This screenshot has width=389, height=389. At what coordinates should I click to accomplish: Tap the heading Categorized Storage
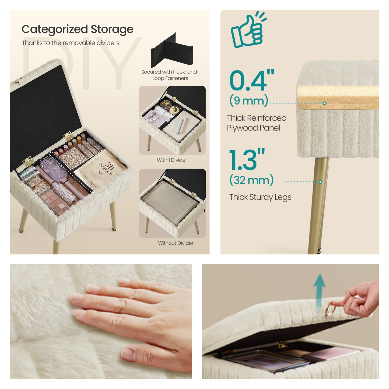tap(77, 29)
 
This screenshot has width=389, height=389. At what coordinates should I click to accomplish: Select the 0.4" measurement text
tap(251, 80)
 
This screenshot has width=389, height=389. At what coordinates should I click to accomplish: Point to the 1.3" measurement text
tap(247, 160)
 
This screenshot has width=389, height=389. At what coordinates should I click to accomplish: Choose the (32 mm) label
tap(251, 180)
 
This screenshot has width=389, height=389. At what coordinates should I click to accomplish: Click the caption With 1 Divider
tap(172, 160)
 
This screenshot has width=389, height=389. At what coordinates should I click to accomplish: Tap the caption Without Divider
tap(176, 243)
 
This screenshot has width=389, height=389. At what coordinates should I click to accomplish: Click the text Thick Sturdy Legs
tap(260, 197)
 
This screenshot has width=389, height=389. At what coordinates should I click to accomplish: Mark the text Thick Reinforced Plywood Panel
tap(256, 123)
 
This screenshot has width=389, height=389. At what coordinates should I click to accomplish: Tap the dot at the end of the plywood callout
tap(324, 103)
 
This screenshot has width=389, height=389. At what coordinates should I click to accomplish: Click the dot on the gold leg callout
tap(320, 182)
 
